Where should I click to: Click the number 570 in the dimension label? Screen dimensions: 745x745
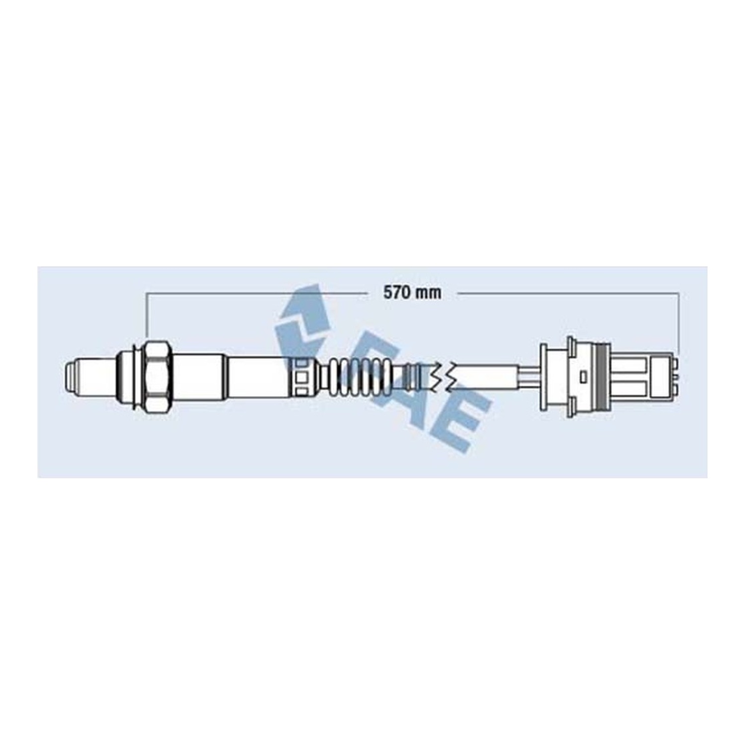(397, 293)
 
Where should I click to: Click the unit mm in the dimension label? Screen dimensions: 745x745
(428, 293)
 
